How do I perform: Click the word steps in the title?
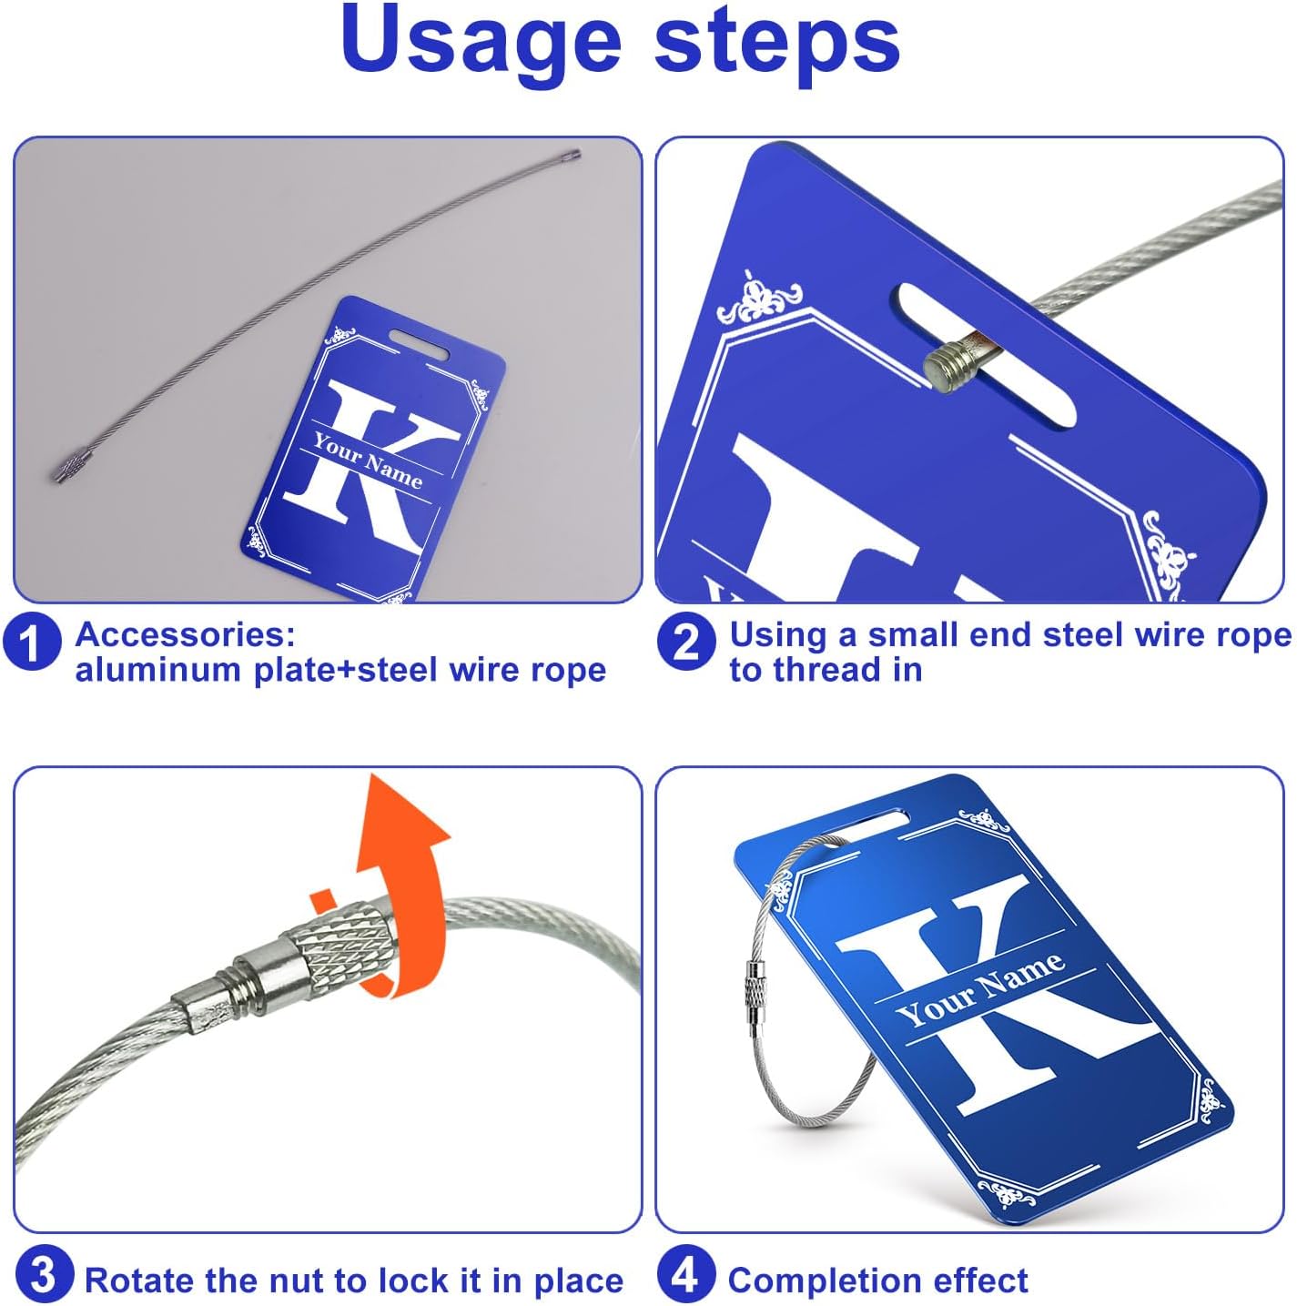(x=777, y=45)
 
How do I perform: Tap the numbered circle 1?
(x=32, y=643)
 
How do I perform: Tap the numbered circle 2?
(x=685, y=643)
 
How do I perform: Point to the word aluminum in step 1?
(x=159, y=670)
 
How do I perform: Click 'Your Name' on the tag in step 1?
(x=368, y=461)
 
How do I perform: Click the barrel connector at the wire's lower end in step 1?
(x=67, y=467)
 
